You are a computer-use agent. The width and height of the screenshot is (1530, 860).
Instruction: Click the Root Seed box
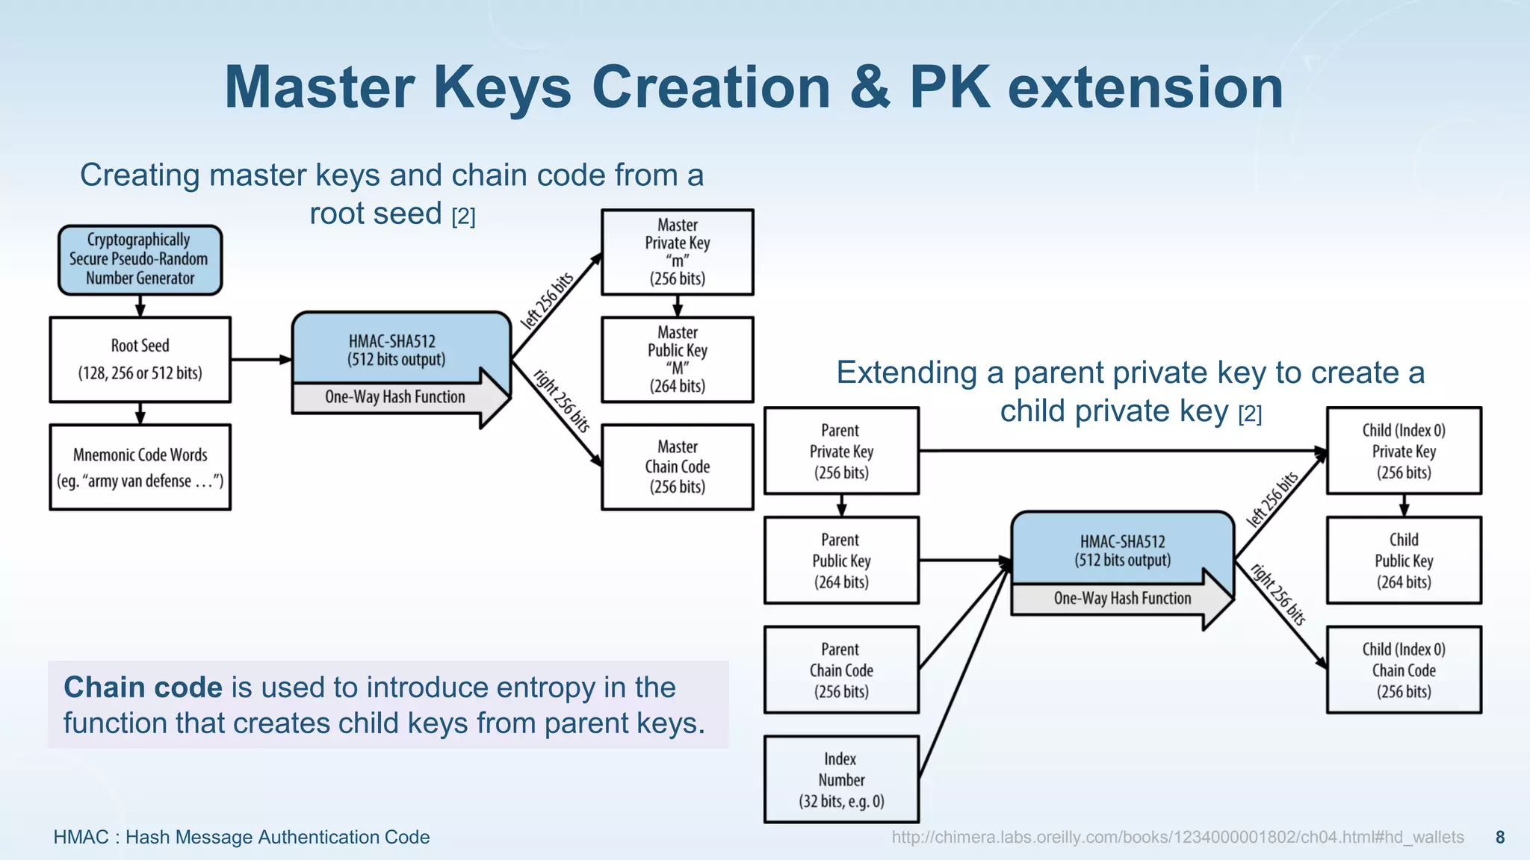(x=140, y=359)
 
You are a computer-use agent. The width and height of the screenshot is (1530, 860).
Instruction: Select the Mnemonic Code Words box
(x=140, y=467)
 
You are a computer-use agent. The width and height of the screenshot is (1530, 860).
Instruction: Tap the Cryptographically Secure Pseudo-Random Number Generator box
(x=140, y=259)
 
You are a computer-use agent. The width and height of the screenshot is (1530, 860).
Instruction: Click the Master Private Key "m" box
(x=677, y=252)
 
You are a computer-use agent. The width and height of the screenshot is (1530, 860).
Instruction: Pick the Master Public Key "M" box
(x=677, y=359)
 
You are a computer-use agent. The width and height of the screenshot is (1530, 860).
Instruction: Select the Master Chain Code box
(x=677, y=467)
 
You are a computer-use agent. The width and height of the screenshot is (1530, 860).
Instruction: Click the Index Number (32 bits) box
(x=841, y=779)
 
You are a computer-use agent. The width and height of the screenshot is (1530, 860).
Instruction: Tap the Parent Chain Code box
(x=841, y=670)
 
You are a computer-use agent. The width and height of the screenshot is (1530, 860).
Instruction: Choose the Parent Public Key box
(x=841, y=560)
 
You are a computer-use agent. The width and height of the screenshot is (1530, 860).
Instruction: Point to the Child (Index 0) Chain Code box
(x=1404, y=670)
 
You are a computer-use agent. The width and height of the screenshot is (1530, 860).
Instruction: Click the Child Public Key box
(x=1404, y=560)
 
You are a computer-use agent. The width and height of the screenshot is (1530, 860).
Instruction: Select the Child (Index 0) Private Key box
(x=1404, y=451)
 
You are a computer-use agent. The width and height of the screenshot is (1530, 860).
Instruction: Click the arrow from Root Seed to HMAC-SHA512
(x=260, y=360)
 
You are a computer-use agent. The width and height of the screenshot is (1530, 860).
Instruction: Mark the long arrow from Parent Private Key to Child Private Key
(x=1121, y=451)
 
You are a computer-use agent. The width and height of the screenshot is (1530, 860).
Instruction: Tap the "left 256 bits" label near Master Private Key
(x=547, y=300)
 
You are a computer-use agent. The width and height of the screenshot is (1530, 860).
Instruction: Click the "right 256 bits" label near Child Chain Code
(x=1278, y=594)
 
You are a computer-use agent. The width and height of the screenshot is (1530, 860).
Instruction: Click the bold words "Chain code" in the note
(x=143, y=687)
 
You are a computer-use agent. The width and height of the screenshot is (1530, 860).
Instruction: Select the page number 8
(x=1499, y=837)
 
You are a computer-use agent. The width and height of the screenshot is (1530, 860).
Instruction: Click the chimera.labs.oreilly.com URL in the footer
(x=1177, y=837)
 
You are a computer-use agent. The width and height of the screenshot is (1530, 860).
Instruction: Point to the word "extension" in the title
(x=1145, y=87)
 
